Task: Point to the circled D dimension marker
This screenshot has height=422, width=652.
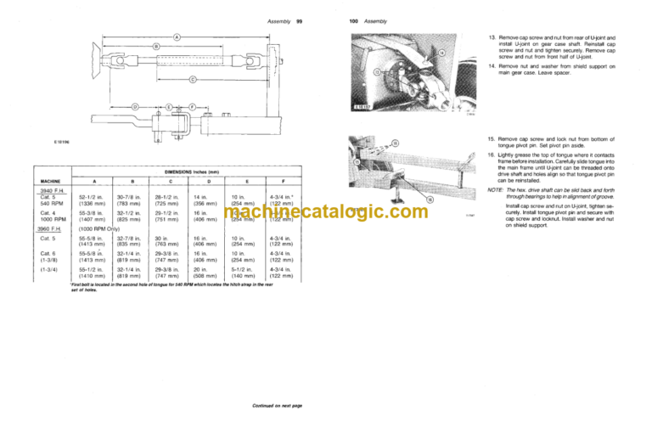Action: click(136, 105)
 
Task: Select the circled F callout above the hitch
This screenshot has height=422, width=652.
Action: click(192, 105)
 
